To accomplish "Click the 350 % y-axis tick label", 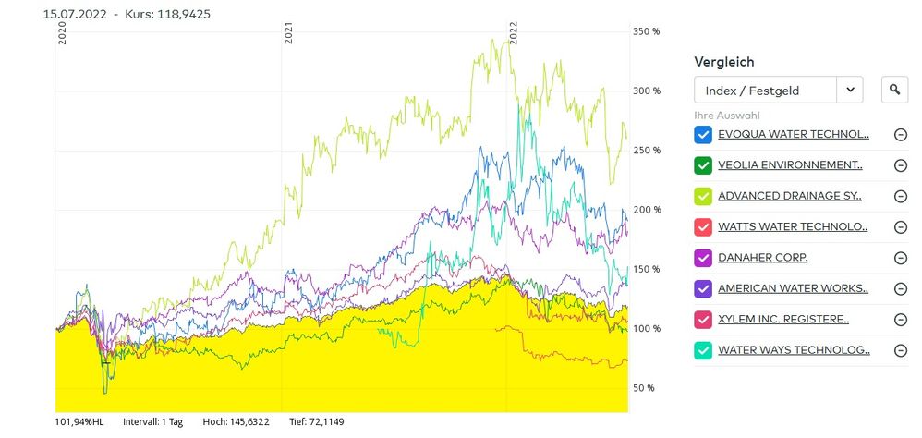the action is click(x=646, y=31).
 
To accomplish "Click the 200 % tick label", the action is click(x=646, y=210).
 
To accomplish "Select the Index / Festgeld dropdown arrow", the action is click(x=850, y=90).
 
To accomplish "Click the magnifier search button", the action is click(x=894, y=90).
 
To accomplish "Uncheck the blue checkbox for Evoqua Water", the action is click(x=703, y=135).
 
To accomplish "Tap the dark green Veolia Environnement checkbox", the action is click(x=703, y=165).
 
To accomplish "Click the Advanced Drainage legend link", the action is click(x=790, y=197).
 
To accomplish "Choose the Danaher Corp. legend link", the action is click(x=763, y=258).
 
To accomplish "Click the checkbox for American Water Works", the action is click(x=703, y=288).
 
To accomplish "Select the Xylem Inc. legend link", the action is click(x=783, y=319).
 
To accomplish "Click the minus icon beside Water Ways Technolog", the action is click(x=900, y=350).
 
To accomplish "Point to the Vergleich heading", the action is click(x=724, y=62).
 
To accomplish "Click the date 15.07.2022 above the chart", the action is click(x=75, y=14).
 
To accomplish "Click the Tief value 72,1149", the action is click(x=325, y=421).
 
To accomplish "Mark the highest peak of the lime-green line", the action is click(x=507, y=40).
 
